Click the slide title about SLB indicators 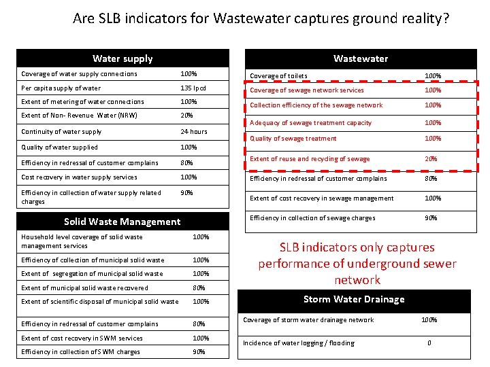261,18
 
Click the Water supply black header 122,58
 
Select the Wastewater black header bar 360,58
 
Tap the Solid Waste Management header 122,221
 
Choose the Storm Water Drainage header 354,299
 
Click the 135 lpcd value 193,88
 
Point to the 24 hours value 194,132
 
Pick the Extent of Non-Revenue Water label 79,116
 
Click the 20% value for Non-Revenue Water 187,116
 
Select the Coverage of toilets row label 278,76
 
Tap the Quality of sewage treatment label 293,139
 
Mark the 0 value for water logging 429,343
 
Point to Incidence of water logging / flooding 299,343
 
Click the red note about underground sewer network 357,264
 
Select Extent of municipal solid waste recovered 84,288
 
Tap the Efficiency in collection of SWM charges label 80,352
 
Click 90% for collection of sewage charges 431,218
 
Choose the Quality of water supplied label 59,147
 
